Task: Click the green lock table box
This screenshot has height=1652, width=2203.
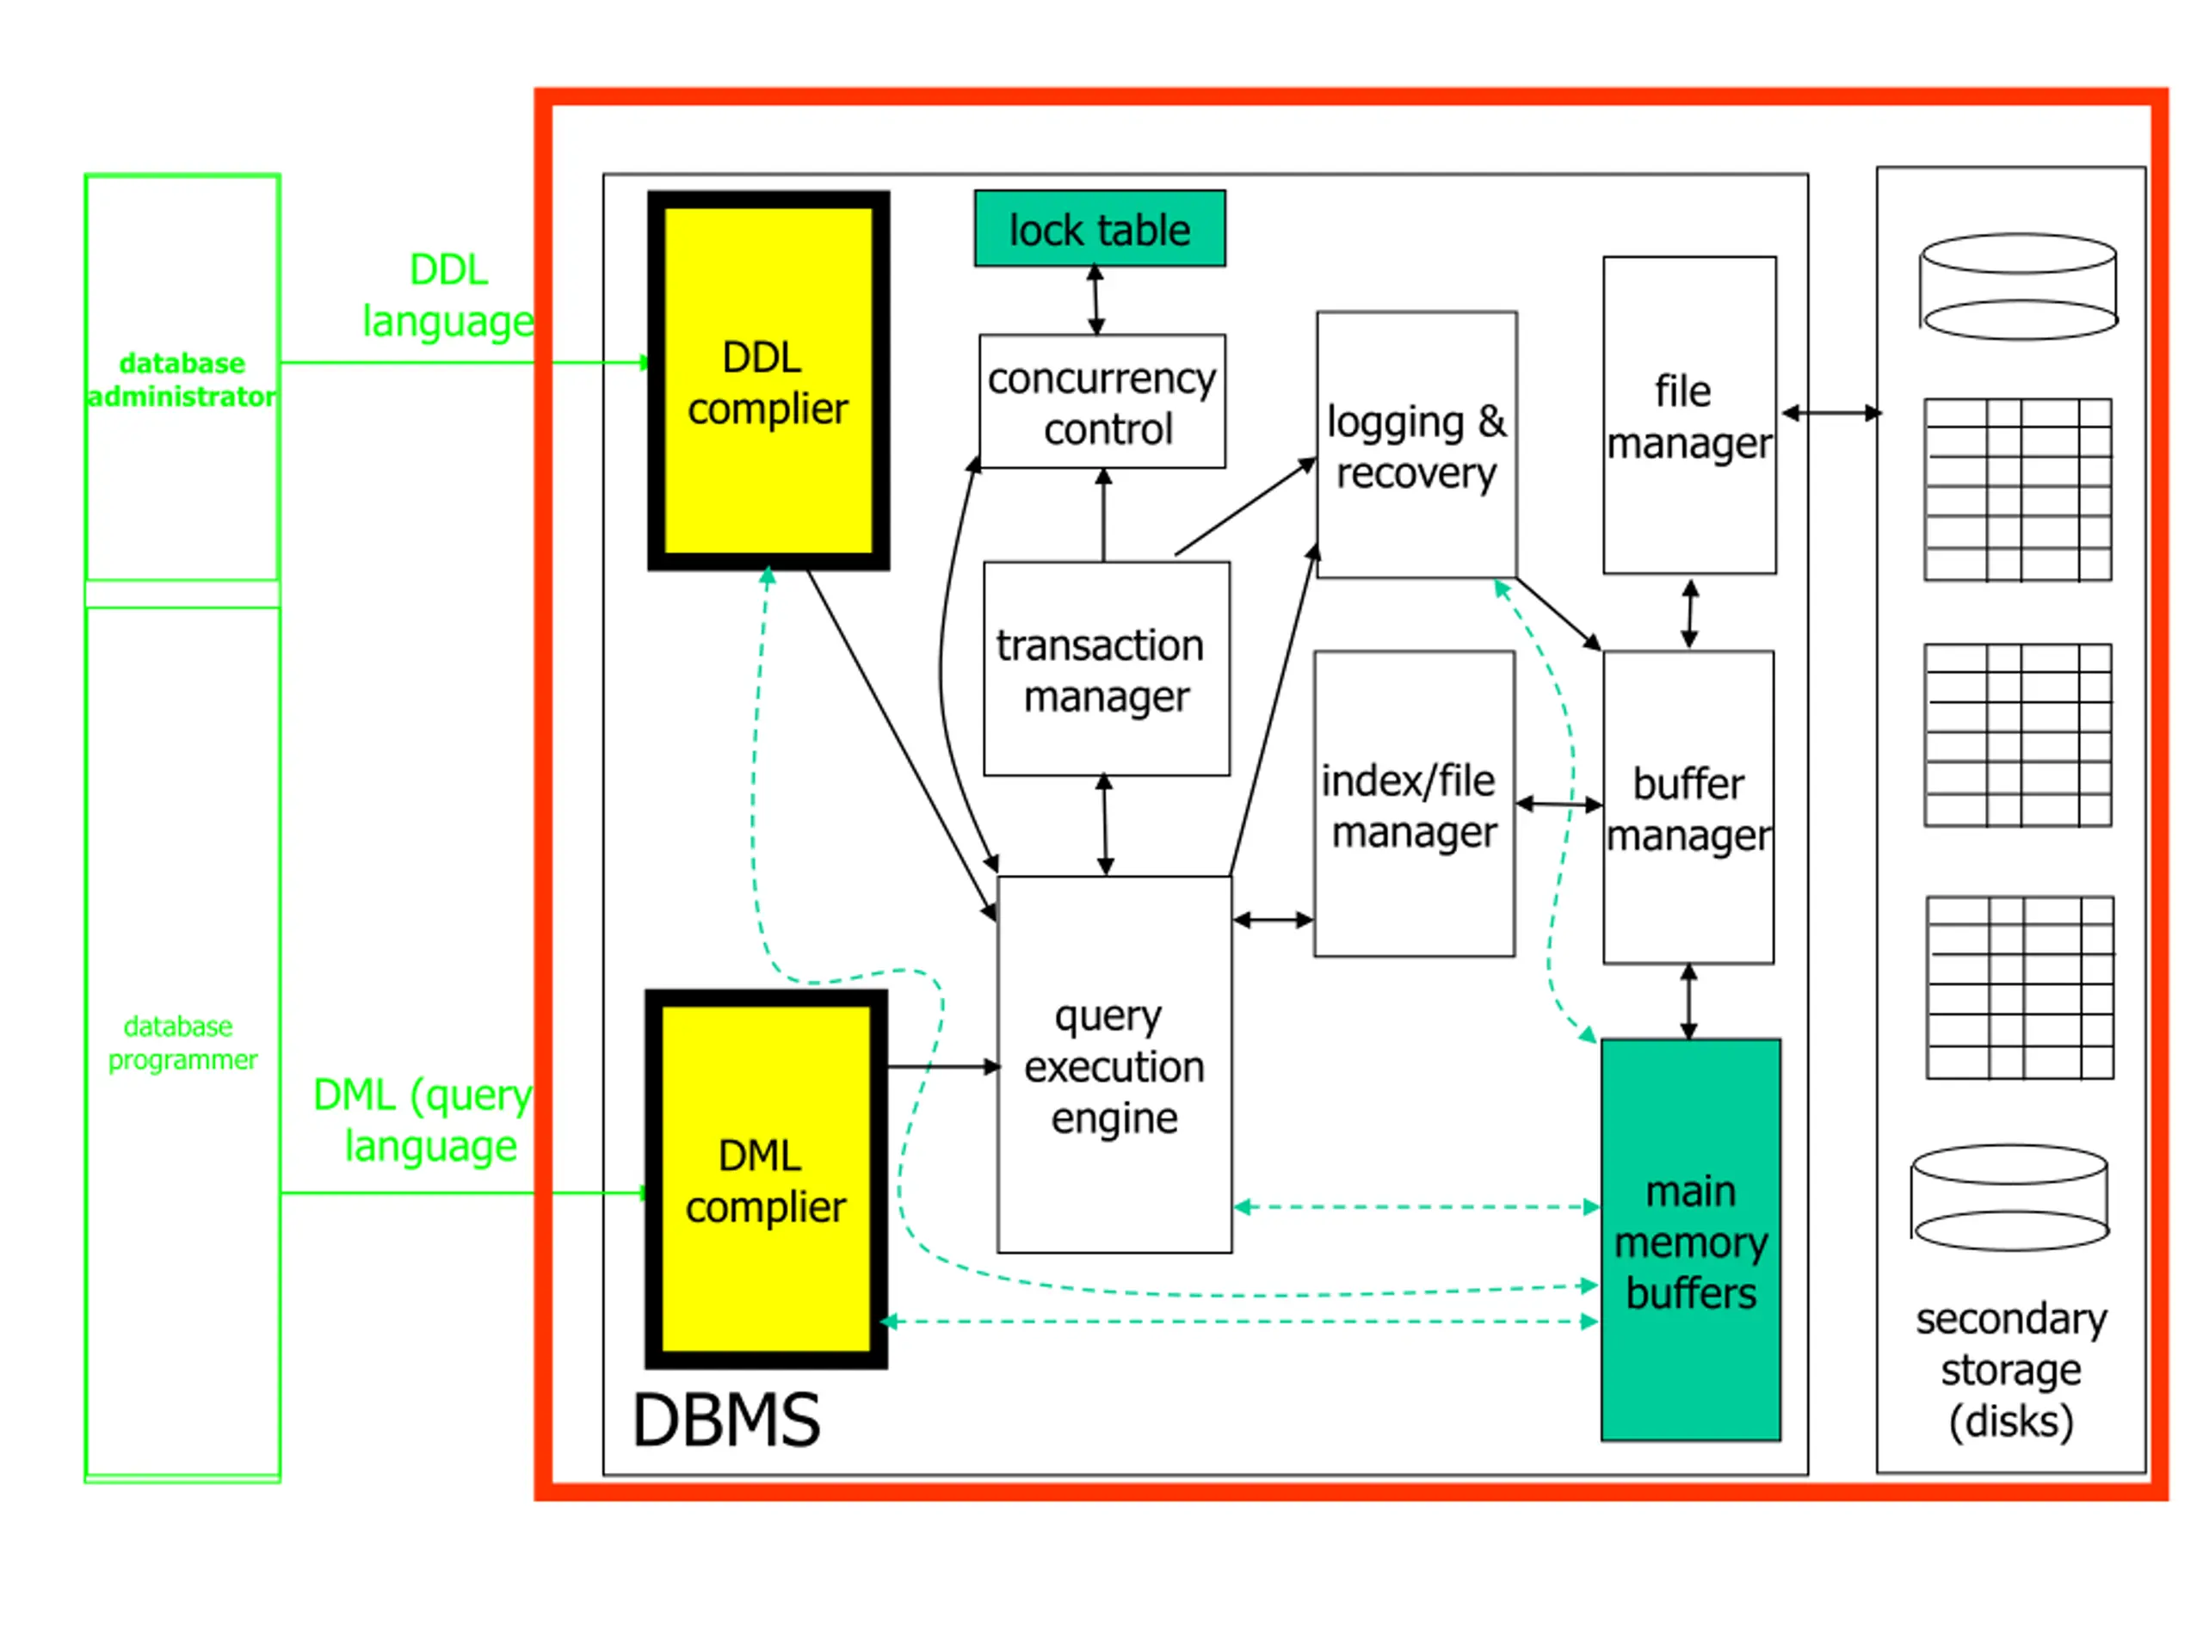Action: click(1100, 228)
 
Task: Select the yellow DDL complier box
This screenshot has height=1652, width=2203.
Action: click(768, 380)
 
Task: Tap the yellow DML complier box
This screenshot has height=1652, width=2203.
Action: click(766, 1179)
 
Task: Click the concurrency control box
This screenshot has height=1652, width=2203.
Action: click(1102, 401)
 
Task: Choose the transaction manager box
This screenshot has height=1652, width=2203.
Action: click(1107, 669)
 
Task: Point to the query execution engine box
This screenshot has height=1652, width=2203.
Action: click(1114, 1064)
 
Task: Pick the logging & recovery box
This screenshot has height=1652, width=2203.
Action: click(1416, 444)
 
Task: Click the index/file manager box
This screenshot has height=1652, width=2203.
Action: click(1414, 804)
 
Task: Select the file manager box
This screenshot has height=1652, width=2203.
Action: click(1689, 416)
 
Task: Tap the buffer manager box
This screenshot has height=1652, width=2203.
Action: click(1688, 808)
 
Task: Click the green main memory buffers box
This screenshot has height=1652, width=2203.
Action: click(1690, 1240)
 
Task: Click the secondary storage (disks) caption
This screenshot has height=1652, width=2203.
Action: click(2011, 1370)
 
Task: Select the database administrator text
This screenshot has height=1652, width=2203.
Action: click(182, 379)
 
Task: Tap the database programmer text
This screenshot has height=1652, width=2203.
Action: click(182, 1043)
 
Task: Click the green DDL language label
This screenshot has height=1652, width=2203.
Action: click(448, 296)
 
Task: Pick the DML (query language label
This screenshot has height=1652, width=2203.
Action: click(423, 1119)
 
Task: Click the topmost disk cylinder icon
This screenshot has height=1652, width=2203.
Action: click(2018, 287)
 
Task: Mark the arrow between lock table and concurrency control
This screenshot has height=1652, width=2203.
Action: click(1095, 299)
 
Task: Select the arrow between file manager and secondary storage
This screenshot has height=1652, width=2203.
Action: click(1831, 412)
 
